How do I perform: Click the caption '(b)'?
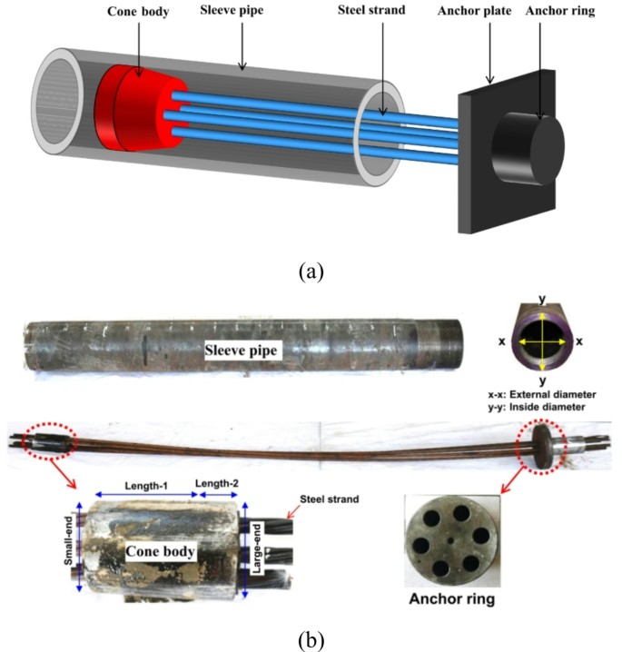click(311, 638)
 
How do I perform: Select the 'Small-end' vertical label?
click(69, 543)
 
